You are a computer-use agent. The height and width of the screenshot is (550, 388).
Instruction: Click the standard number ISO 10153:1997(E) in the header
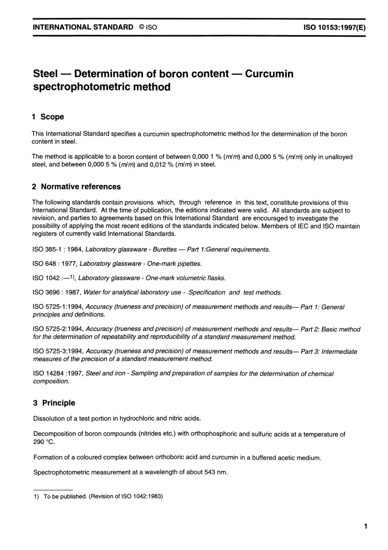[334, 27]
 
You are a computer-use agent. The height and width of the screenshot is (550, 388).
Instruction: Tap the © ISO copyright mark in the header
[148, 27]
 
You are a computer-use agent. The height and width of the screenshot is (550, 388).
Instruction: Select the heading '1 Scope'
[48, 117]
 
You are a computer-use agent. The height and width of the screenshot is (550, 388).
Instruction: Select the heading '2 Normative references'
[76, 187]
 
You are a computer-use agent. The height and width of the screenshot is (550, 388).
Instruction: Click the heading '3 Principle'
[54, 403]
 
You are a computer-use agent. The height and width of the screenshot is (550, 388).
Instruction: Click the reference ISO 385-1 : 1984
[58, 249]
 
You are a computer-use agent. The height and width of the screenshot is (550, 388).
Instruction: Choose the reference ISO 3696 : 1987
[57, 292]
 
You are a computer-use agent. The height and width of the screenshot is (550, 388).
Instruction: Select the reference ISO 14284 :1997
[58, 373]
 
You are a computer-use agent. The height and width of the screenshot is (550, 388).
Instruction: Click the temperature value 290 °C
[43, 442]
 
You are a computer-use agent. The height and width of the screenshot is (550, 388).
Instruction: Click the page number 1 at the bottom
[366, 526]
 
